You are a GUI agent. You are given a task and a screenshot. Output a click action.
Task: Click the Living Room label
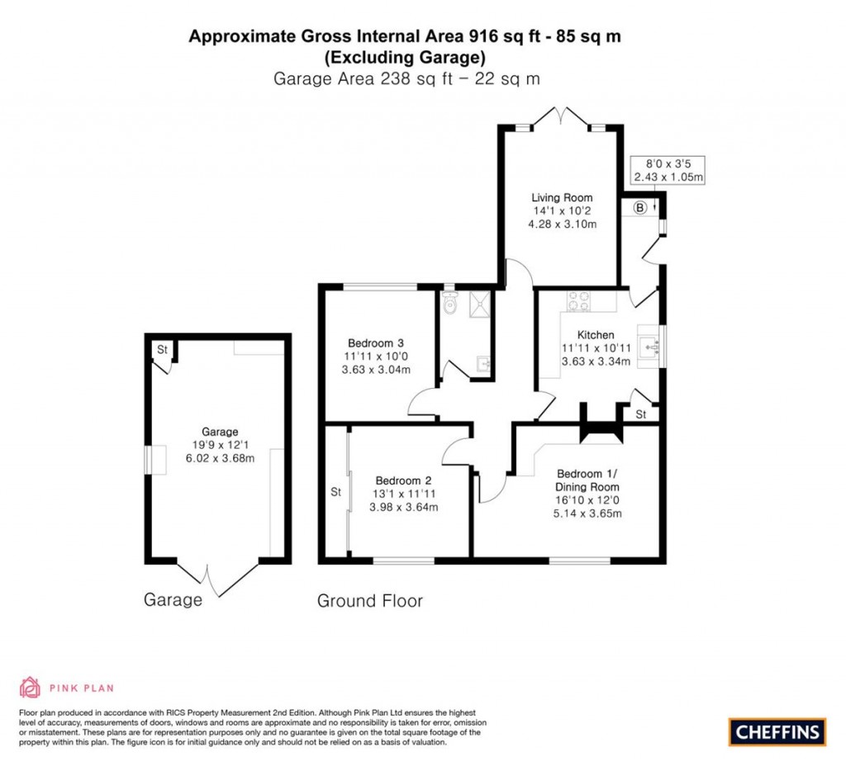[562, 198]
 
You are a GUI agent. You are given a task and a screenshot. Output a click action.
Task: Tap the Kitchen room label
[595, 335]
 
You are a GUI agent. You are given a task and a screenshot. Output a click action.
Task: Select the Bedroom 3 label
[375, 343]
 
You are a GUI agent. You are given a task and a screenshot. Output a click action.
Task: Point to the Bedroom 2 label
[404, 480]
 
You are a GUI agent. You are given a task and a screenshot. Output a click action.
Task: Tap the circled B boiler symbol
[639, 208]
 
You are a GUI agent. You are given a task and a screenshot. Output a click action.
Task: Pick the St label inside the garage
[163, 350]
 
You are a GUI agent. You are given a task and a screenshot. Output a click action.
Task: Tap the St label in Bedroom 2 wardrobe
[335, 493]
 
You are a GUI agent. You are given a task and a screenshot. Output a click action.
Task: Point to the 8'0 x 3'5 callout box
[667, 170]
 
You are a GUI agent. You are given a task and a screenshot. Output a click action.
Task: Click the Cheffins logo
[777, 731]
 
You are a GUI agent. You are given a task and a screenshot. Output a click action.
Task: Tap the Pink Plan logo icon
[31, 687]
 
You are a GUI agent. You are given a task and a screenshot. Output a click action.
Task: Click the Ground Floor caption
[369, 601]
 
